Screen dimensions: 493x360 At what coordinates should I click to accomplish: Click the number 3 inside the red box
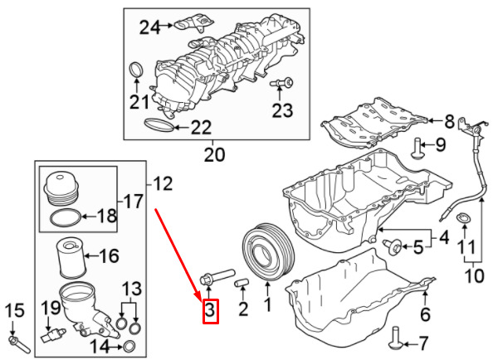[210, 310]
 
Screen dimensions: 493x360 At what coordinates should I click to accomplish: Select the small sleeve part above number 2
[242, 282]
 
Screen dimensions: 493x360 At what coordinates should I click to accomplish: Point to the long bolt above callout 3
[217, 275]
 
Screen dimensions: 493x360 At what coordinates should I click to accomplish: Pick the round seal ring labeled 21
[136, 69]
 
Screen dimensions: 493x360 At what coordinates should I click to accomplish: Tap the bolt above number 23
[281, 83]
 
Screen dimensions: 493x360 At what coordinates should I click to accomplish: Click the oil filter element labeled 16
[71, 259]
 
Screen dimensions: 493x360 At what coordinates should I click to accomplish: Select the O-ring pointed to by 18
[66, 218]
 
